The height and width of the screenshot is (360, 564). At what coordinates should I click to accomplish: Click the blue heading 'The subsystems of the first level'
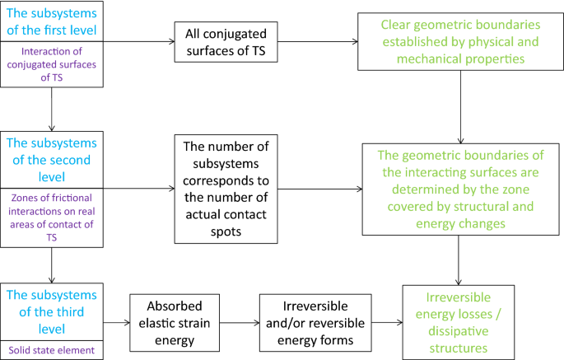(x=51, y=22)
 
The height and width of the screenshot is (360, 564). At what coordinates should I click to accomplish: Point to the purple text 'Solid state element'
(x=51, y=350)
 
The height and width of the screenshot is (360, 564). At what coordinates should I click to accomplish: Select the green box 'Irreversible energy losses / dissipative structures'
(x=458, y=322)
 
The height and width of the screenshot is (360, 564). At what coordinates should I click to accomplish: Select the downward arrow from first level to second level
(x=51, y=106)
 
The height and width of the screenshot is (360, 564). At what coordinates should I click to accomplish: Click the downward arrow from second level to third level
(x=51, y=264)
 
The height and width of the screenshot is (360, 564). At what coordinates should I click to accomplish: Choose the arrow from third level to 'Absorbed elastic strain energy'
(x=115, y=322)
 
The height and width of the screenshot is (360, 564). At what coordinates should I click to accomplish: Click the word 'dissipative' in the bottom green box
(x=458, y=331)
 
